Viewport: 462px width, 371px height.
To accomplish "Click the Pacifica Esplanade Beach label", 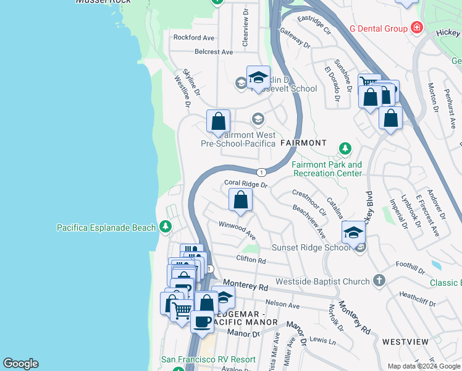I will point(106,228).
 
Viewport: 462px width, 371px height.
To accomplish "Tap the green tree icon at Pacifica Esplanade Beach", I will point(165,227).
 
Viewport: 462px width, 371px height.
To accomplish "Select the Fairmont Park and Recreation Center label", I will point(327,169).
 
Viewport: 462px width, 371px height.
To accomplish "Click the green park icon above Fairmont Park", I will point(345,149).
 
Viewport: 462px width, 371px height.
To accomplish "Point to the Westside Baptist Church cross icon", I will point(379,281).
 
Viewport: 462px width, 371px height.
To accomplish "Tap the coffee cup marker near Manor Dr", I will point(201,320).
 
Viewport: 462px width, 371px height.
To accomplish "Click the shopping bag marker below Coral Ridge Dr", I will point(240,200).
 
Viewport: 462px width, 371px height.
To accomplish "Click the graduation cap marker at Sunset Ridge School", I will point(353,232).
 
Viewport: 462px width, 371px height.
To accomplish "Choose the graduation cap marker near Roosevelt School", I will point(258,77).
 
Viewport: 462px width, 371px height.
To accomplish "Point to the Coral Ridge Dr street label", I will point(246,184).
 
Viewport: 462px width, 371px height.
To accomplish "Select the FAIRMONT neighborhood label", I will point(303,143).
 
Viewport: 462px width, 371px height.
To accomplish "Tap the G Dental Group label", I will point(379,28).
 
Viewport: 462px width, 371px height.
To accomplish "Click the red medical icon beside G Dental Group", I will point(417,28).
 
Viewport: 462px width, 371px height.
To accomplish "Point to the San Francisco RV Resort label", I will point(208,359).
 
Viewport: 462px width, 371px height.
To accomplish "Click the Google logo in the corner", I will point(20,364).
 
